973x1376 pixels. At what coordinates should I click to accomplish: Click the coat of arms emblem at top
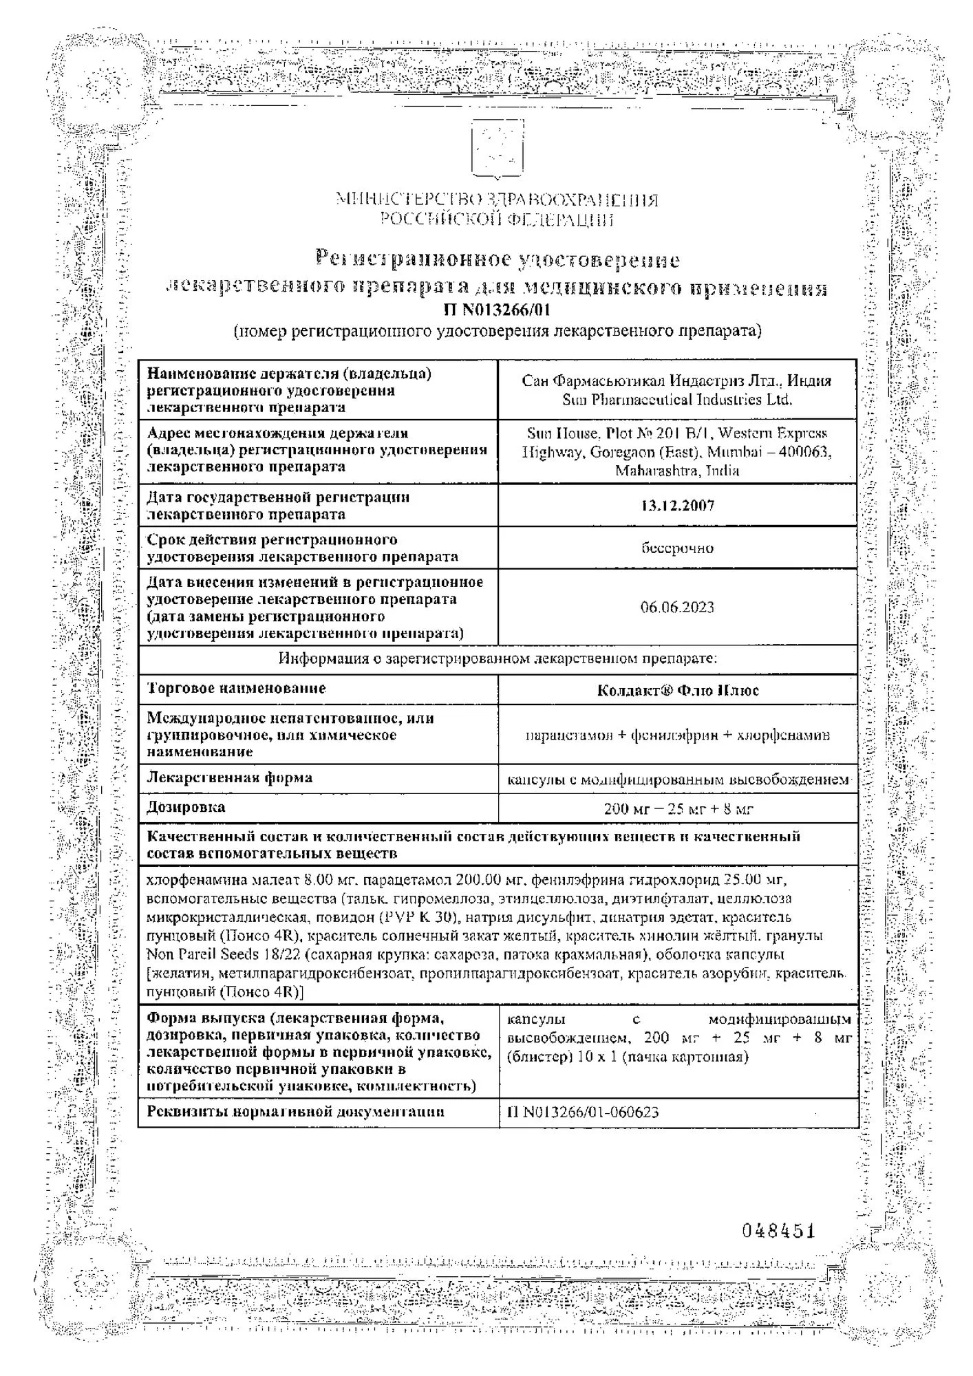point(497,149)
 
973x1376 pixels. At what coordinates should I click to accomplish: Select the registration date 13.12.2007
point(677,506)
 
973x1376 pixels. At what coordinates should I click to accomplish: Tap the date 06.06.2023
point(677,607)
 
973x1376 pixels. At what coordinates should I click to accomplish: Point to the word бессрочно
point(677,548)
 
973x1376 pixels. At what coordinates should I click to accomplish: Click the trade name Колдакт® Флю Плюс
point(678,690)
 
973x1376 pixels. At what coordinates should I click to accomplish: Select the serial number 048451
point(778,1231)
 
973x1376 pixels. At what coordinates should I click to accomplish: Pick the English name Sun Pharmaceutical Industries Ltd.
point(677,400)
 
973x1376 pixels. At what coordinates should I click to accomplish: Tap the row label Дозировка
point(186,806)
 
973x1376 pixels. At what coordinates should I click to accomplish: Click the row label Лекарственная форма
point(230,777)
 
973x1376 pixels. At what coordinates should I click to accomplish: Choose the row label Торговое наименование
point(236,688)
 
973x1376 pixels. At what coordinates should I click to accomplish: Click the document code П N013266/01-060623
point(583,1112)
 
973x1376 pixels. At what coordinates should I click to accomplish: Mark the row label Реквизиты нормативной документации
point(295,1111)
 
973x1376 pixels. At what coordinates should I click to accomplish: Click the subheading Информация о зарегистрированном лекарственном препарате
point(498,659)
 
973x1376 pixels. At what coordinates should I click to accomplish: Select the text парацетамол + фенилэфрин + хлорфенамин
point(677,735)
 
